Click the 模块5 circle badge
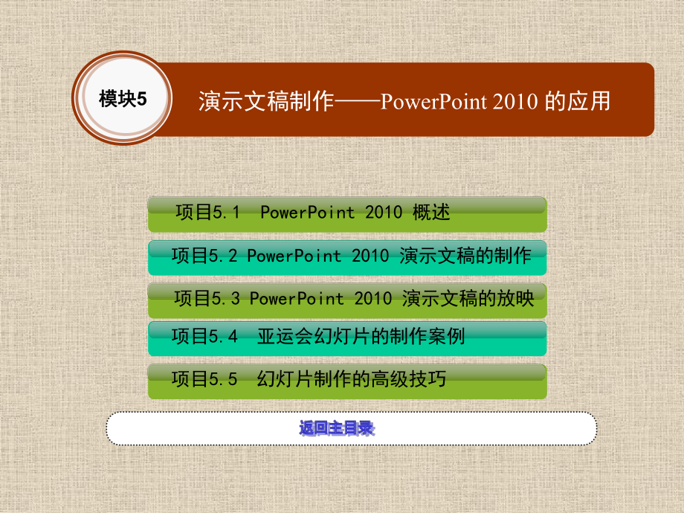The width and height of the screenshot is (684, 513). point(123,99)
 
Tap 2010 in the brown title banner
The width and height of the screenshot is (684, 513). point(514,101)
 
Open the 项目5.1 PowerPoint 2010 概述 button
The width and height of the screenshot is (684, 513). point(347,214)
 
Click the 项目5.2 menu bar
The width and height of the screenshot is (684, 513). point(347,257)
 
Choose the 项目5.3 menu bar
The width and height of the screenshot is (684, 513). point(347,300)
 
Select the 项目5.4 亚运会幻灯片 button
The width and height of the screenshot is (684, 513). point(347,338)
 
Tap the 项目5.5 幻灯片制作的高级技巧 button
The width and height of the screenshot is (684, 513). point(347,380)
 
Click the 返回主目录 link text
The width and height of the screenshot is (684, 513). point(337,429)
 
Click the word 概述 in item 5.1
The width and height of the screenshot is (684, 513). point(431,213)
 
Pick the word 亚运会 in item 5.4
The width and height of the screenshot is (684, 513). point(284,336)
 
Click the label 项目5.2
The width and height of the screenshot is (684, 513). point(204,256)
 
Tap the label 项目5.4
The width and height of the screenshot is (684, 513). point(204,336)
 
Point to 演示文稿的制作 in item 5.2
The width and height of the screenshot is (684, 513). point(465,256)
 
